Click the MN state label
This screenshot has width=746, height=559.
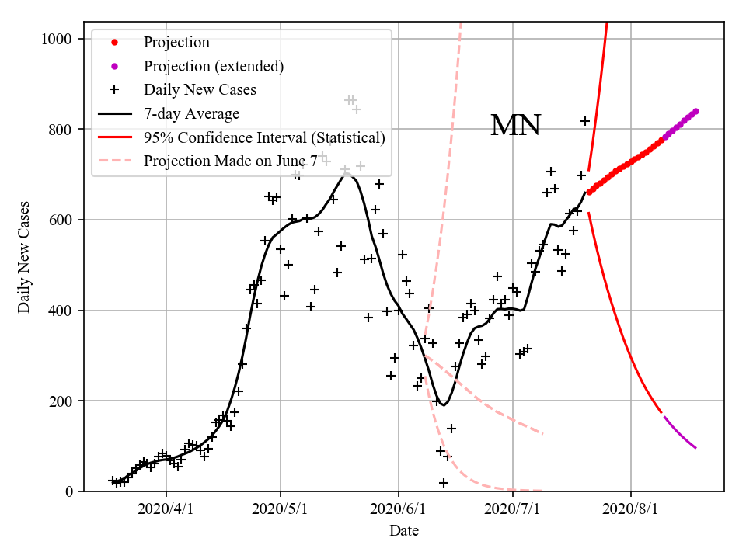pos(515,125)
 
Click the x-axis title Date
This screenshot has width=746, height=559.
pos(404,531)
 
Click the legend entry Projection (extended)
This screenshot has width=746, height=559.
pos(213,66)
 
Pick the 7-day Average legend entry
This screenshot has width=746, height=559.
pos(191,113)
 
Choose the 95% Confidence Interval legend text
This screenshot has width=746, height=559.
pos(264,137)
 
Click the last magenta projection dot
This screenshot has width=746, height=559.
pos(695,111)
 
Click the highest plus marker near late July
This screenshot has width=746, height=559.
pos(585,121)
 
